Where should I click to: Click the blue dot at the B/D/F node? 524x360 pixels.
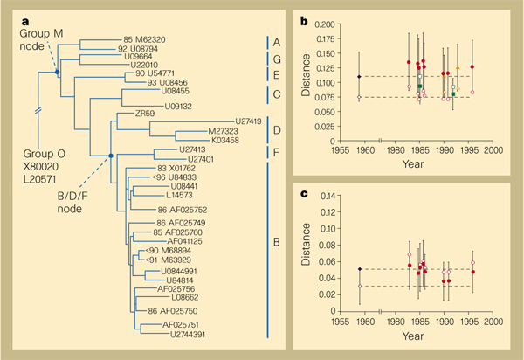(110, 156)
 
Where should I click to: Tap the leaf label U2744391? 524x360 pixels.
(187, 334)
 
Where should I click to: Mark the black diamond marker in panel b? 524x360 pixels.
(360, 77)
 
